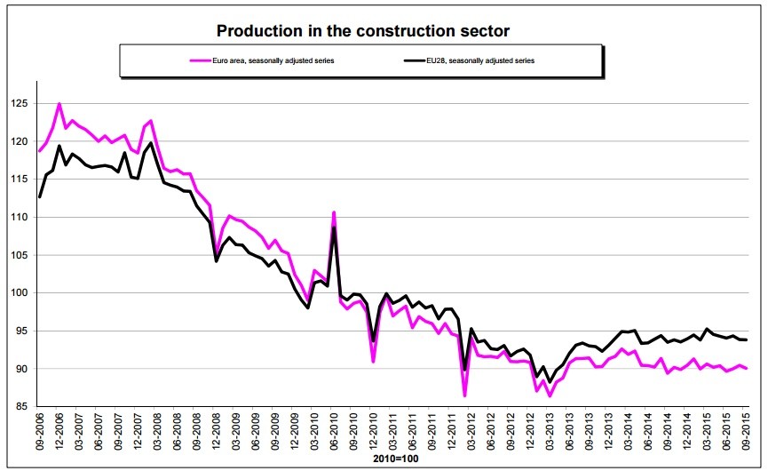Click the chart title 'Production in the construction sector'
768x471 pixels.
pyautogui.click(x=363, y=31)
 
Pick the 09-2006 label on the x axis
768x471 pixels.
pyautogui.click(x=40, y=435)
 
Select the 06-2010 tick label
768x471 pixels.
pyautogui.click(x=334, y=435)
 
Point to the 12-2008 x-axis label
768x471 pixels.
pyautogui.click(x=217, y=435)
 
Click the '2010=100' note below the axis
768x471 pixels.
pyautogui.click(x=391, y=460)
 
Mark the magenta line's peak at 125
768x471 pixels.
pyautogui.click(x=59, y=104)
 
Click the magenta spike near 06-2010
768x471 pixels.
pyautogui.click(x=334, y=212)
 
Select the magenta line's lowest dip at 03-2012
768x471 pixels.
pyautogui.click(x=464, y=395)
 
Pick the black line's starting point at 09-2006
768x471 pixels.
pyautogui.click(x=40, y=196)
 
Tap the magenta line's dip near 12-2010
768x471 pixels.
pyautogui.click(x=373, y=362)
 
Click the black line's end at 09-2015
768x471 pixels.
pyautogui.click(x=746, y=339)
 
